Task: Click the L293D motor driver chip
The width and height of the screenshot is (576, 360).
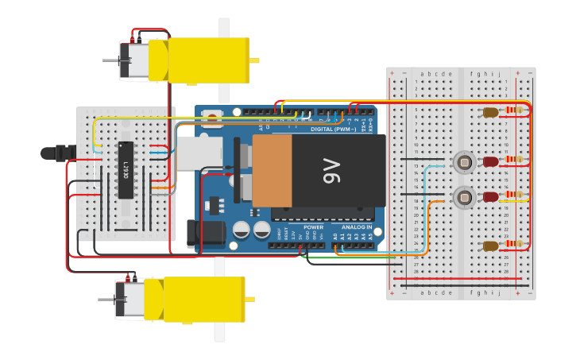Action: click(126, 169)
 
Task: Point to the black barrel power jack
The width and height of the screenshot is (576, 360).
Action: click(195, 233)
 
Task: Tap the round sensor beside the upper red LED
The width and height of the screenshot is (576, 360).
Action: click(462, 163)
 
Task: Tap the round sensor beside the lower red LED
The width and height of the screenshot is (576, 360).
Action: click(462, 196)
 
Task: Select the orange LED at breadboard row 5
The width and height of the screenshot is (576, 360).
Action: click(491, 113)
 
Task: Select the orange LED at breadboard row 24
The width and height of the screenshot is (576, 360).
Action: click(490, 246)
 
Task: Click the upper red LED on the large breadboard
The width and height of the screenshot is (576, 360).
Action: click(491, 162)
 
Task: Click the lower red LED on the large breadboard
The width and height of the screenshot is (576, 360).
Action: click(491, 196)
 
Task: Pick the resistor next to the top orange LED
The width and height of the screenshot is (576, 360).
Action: click(518, 111)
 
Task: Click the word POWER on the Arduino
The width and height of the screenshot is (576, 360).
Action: click(314, 228)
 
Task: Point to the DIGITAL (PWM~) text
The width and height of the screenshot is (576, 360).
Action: click(333, 128)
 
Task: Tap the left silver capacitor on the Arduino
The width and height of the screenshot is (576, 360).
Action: click(242, 230)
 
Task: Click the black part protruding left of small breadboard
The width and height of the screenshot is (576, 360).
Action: click(59, 152)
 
